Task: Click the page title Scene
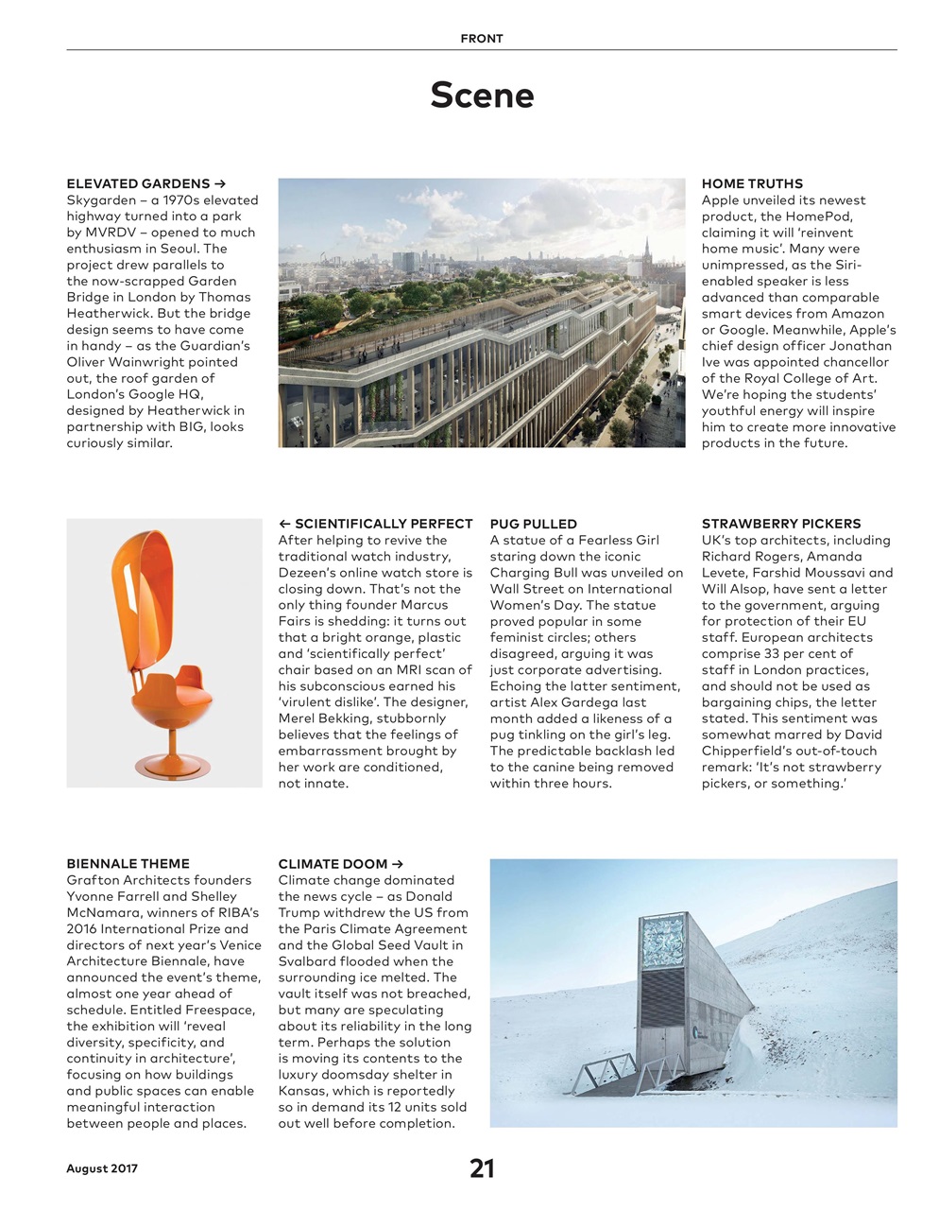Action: pyautogui.click(x=482, y=95)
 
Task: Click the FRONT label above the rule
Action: pyautogui.click(x=482, y=39)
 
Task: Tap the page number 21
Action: pyautogui.click(x=482, y=1168)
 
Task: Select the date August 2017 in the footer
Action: pyautogui.click(x=102, y=1168)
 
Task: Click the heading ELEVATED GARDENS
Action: pyautogui.click(x=138, y=183)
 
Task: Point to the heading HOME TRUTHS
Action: pyautogui.click(x=752, y=183)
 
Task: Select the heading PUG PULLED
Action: pyautogui.click(x=533, y=524)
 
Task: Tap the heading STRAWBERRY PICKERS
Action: pyautogui.click(x=781, y=524)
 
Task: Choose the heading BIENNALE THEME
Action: pyautogui.click(x=128, y=864)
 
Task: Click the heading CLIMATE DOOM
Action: pyautogui.click(x=333, y=864)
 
